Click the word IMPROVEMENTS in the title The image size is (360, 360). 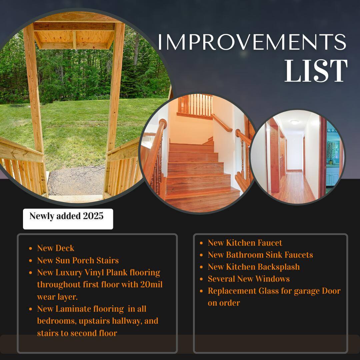pyautogui.click(x=252, y=42)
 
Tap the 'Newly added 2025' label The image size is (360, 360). pyautogui.click(x=67, y=216)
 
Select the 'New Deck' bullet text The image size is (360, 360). pyautogui.click(x=56, y=248)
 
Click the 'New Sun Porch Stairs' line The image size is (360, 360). pyautogui.click(x=78, y=260)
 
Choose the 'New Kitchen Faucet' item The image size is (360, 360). pyautogui.click(x=245, y=243)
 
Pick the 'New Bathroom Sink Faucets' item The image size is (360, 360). pyautogui.click(x=260, y=255)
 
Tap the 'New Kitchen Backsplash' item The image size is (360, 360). pyautogui.click(x=254, y=267)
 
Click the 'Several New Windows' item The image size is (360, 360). pyautogui.click(x=249, y=279)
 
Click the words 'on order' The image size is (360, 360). pyautogui.click(x=224, y=303)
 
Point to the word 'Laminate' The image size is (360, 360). pyautogui.click(x=73, y=309)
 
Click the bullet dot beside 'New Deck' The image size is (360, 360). pyautogui.click(x=31, y=249)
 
